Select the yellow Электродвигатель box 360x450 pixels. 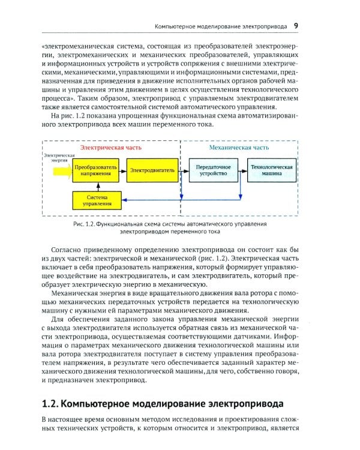[152, 170]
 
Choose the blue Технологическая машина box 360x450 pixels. [272, 170]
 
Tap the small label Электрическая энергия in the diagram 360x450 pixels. [59, 158]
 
